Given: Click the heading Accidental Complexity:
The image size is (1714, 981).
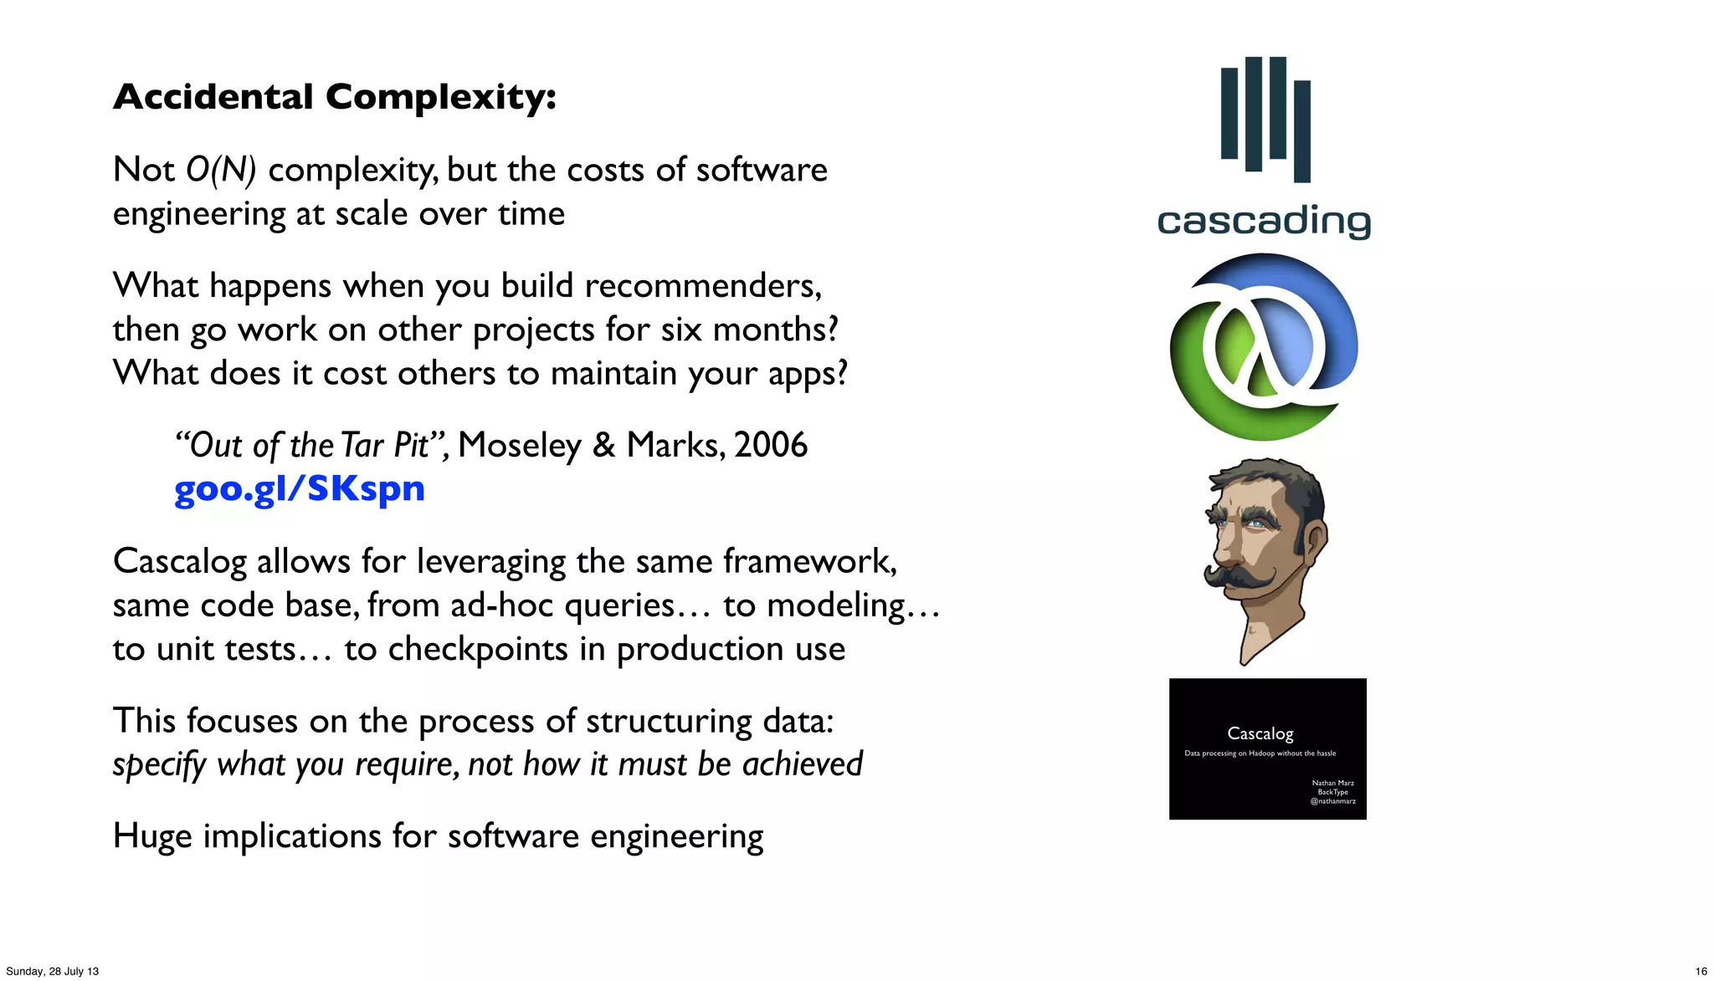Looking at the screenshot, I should (x=335, y=97).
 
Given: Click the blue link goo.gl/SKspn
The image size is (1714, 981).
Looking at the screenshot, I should (x=299, y=488).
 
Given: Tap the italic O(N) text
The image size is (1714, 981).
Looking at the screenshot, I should (x=220, y=170).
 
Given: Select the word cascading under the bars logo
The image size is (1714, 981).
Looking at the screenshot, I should (x=1264, y=222).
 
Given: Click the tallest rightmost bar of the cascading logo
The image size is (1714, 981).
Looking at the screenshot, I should (x=1302, y=131).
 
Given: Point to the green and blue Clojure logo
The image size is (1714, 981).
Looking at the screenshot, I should (x=1264, y=347).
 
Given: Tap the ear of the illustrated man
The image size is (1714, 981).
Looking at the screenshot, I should (x=1316, y=540).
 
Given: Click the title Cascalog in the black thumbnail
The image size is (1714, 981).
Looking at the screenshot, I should (x=1260, y=733).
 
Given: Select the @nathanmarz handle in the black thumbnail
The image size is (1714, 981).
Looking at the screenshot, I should (x=1332, y=801).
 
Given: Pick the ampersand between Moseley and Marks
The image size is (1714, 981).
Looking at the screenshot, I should (x=603, y=445).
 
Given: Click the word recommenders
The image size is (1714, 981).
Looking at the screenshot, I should (x=702, y=286).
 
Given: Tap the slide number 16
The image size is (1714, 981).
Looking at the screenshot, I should (x=1701, y=971).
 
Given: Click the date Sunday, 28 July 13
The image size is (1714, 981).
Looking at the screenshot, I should (x=52, y=971).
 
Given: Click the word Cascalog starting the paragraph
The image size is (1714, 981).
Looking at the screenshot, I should (x=179, y=561).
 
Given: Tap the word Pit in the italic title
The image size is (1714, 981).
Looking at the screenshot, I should (x=412, y=445).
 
